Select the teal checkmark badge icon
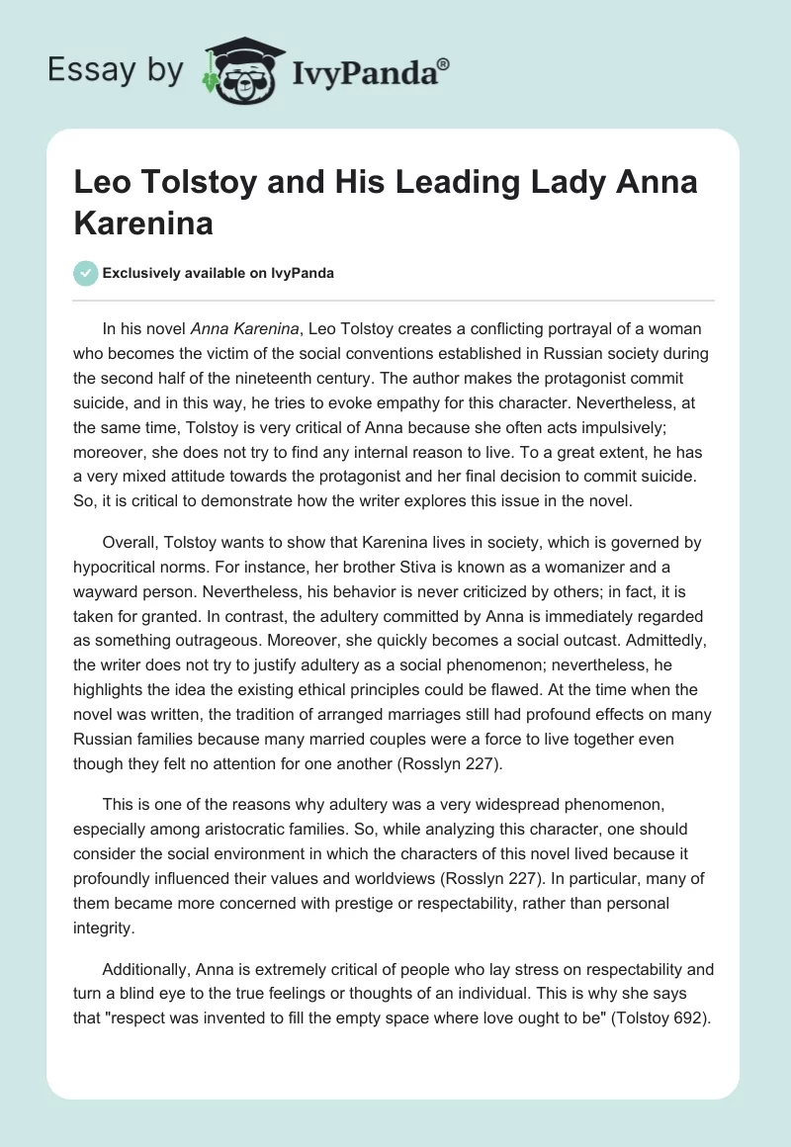[x=86, y=273]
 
